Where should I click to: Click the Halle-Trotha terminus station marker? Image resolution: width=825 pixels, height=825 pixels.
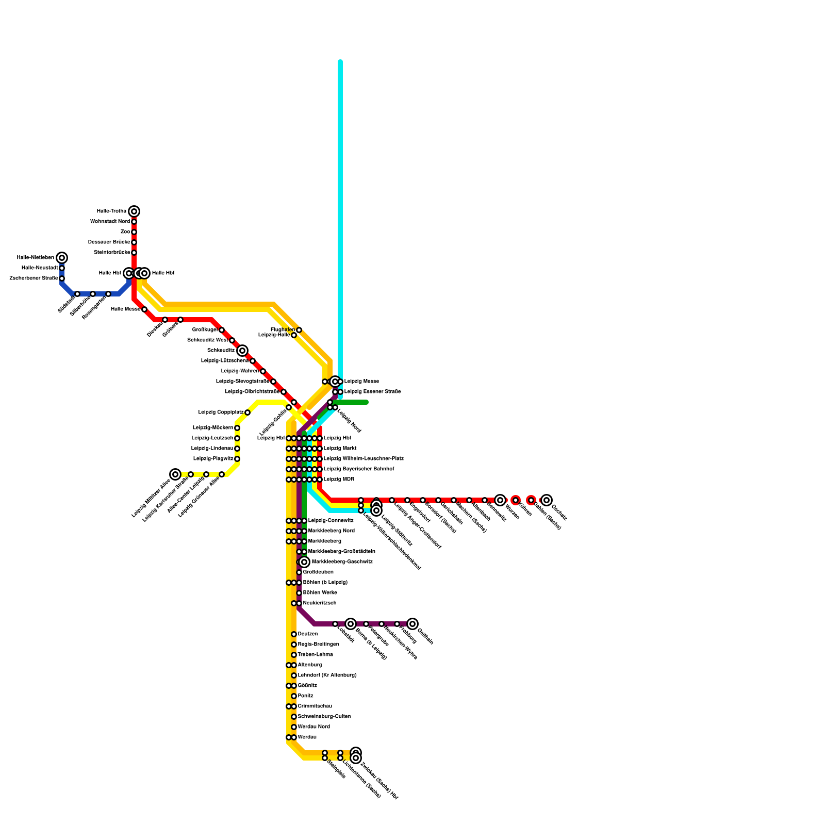pos(134,211)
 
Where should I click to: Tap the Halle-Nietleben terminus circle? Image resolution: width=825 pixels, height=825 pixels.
pos(62,258)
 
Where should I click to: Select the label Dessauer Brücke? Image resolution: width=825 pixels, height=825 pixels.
pos(109,242)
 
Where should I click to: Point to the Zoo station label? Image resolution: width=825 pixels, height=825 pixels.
pos(125,232)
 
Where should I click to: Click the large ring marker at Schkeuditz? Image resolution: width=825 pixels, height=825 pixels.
pos(242,351)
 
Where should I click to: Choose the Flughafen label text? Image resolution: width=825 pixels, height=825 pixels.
pos(283,329)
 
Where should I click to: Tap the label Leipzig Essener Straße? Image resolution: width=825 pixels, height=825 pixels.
pos(372,392)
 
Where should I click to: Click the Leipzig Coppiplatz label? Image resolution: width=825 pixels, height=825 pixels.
pos(221,412)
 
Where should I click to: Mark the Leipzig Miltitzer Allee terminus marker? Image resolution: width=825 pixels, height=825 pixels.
pos(175,474)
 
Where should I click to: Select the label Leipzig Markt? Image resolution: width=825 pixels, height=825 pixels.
pos(340,449)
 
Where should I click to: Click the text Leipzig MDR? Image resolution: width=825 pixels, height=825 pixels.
pos(339,480)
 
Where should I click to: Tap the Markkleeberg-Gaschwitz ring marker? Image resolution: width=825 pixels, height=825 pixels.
pos(304,562)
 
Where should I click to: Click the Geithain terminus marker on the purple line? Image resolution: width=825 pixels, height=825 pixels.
pos(412,624)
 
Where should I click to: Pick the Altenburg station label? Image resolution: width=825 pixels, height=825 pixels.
pos(309,665)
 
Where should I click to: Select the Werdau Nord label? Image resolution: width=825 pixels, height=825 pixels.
pos(313,727)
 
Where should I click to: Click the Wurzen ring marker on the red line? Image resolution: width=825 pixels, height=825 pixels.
pos(500,500)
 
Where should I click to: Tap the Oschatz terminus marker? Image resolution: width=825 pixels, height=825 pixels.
pos(547,500)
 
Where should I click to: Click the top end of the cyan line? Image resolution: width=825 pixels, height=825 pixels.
pos(340,62)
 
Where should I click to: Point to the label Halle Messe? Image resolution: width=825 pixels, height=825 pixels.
pos(125,309)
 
